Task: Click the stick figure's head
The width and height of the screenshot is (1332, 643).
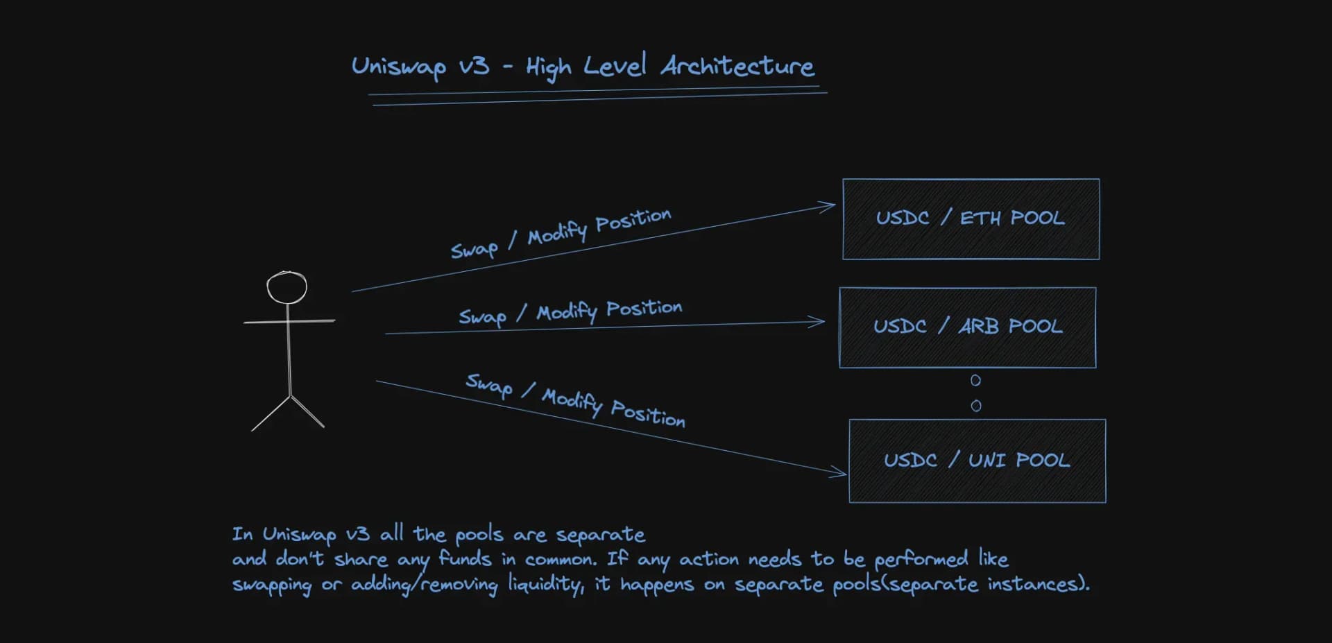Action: coord(287,287)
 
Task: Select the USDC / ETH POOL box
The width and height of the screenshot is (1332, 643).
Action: coord(971,219)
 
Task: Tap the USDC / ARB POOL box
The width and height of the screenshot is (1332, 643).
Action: coord(967,327)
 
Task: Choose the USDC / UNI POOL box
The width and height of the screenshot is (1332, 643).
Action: coord(977,461)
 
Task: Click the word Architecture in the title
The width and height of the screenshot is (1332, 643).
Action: coord(737,67)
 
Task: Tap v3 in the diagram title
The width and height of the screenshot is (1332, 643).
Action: coord(474,67)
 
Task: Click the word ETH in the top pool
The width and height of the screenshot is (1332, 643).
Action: coord(980,218)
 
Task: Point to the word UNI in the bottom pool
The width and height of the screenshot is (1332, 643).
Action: coord(987,461)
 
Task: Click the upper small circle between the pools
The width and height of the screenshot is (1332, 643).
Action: coord(975,380)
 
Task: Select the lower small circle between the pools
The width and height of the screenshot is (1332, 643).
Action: coord(976,406)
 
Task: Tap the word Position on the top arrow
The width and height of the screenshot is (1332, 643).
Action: coord(633,220)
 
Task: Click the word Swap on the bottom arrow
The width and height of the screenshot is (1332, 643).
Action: coord(488,386)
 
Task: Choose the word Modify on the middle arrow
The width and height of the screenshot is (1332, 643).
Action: coord(567,313)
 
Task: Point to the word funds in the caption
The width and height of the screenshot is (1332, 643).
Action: coord(465,559)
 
